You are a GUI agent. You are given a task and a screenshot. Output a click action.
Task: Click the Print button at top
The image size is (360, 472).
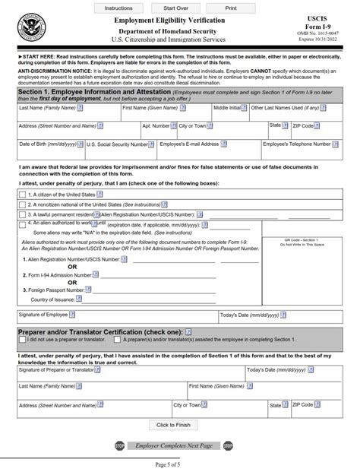coord(230,7)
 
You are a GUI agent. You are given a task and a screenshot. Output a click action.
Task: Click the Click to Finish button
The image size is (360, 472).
coord(173,425)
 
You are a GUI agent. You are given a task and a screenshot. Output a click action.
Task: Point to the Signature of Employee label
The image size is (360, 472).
coord(43,314)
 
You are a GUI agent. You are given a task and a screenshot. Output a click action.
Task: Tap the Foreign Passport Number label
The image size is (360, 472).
coord(54,290)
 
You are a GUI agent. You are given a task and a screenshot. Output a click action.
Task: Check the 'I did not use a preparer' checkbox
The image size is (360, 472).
coord(21,341)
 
